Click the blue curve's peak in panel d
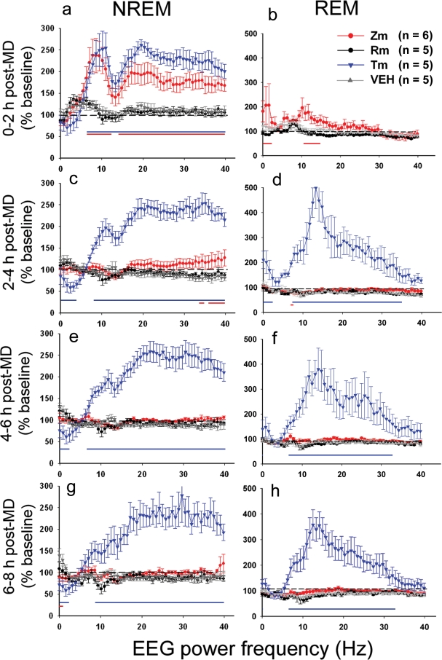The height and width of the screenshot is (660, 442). click(315, 191)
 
